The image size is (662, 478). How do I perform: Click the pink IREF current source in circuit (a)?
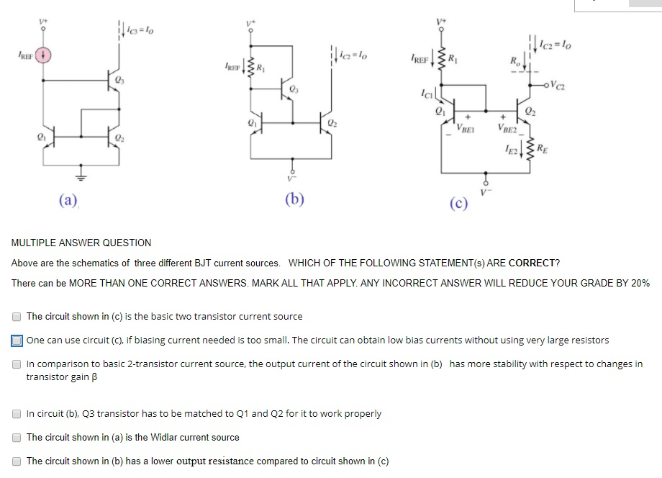point(42,55)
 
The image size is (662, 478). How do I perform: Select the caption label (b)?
point(294,199)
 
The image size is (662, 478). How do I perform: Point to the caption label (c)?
point(459,204)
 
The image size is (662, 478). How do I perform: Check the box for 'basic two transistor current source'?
point(17,316)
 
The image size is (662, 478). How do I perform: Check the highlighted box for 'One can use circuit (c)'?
point(17,340)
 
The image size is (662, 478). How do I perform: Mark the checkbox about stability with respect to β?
point(17,364)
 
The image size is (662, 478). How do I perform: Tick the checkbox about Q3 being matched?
point(17,413)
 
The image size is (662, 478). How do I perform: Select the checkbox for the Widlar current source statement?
point(17,437)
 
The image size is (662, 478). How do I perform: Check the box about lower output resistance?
point(17,461)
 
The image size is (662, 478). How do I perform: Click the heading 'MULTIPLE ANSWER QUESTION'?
point(81,243)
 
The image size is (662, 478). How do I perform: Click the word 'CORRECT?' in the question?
point(534,263)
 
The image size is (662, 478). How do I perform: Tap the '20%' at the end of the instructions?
point(640,283)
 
